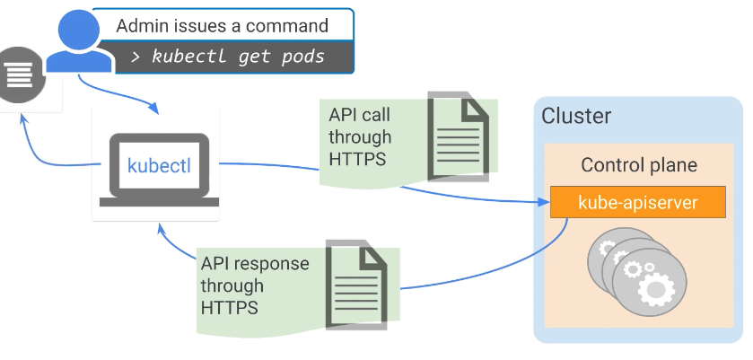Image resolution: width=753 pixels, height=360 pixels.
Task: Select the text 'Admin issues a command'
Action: click(x=222, y=25)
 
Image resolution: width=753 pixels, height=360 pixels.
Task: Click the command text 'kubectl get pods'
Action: click(x=238, y=57)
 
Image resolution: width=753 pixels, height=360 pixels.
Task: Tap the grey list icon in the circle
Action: click(x=15, y=75)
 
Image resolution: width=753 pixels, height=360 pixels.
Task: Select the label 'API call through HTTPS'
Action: click(x=360, y=137)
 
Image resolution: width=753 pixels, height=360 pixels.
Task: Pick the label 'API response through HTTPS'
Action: click(x=255, y=285)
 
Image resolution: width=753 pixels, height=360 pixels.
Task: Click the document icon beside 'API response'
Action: click(x=356, y=281)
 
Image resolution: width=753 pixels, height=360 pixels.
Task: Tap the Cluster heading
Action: click(x=576, y=116)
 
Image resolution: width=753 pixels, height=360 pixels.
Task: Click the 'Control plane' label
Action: click(x=638, y=165)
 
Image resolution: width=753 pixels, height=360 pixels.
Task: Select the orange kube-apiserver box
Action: click(x=637, y=202)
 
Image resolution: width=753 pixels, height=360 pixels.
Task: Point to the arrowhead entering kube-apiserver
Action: click(x=544, y=204)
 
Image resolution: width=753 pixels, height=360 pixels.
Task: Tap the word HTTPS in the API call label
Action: click(x=356, y=159)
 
